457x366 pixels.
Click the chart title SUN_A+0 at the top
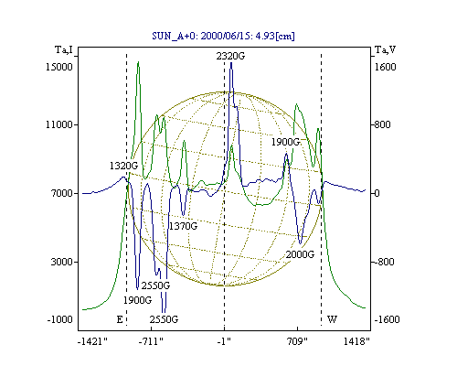pos(223,36)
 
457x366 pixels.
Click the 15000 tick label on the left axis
pos(59,67)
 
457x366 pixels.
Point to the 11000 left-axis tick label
pos(59,124)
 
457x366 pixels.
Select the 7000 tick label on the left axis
pos(62,193)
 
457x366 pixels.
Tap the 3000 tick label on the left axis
pos(62,262)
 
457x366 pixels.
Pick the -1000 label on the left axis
pos(59,319)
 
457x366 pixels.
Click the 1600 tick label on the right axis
pos(385,67)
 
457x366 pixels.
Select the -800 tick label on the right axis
pos(384,262)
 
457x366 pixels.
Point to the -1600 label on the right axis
pos(387,319)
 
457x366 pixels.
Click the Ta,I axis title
pos(64,49)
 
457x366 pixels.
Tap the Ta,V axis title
pos(385,49)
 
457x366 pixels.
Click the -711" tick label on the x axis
pos(151,341)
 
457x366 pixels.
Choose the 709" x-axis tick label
pos(297,341)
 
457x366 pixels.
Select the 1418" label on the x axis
pos(356,341)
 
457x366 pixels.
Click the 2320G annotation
pos(230,56)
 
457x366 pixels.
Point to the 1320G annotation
pos(123,166)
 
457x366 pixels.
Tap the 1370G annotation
pos(183,226)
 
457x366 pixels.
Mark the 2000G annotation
pos(300,254)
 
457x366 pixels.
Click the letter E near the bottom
pos(120,319)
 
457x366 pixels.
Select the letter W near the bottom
pos(332,319)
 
